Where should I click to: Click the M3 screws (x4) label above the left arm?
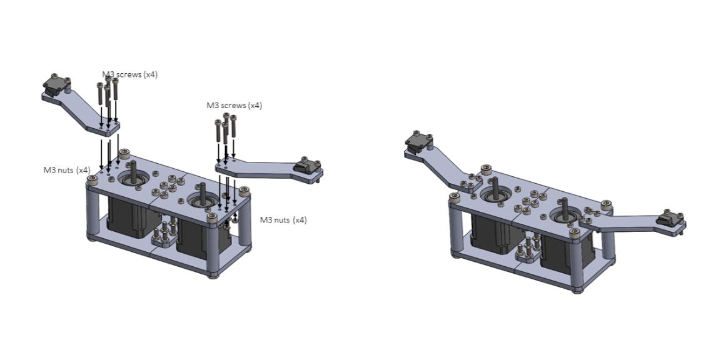(129, 74)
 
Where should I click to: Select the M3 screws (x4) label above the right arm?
(234, 105)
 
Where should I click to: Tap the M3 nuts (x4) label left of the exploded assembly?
(67, 170)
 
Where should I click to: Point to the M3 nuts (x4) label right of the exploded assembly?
(283, 220)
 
